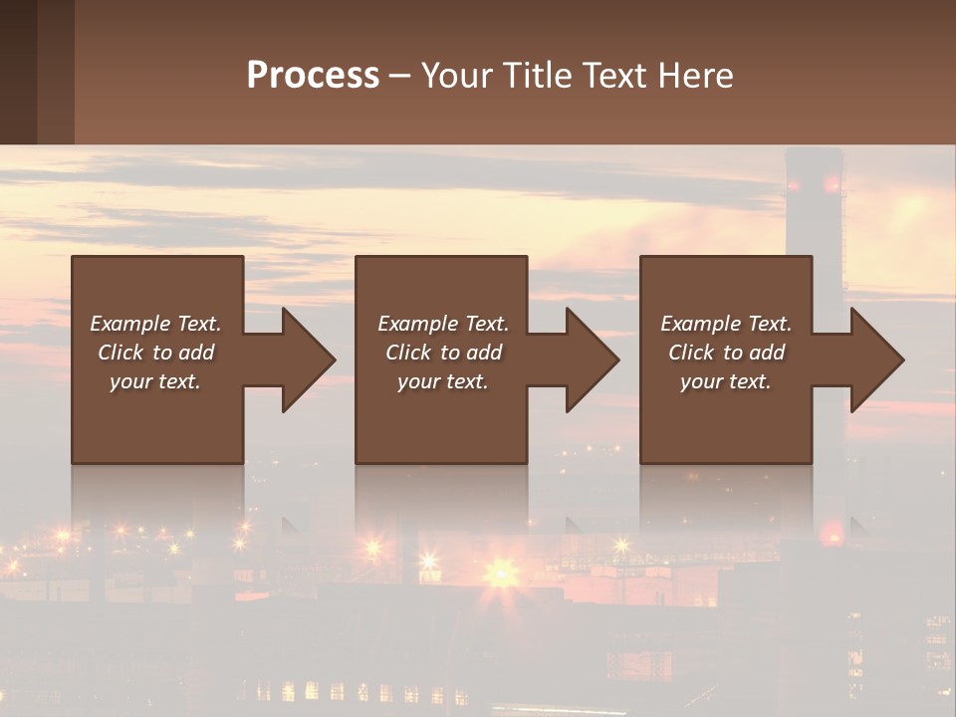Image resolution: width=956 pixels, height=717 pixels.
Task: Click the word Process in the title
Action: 313,76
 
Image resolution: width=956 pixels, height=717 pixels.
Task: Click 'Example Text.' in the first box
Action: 155,324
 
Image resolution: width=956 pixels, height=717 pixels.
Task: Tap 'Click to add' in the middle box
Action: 443,353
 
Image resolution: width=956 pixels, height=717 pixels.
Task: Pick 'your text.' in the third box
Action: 725,381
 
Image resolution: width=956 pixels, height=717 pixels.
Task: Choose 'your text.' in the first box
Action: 155,381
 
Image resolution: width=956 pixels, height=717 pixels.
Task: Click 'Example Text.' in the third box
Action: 726,324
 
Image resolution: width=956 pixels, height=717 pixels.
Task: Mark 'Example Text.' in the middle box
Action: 443,324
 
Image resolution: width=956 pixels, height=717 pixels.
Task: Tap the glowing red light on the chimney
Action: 832,184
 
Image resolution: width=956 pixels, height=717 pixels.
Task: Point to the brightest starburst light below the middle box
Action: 500,573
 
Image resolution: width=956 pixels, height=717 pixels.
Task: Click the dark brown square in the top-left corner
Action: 18,72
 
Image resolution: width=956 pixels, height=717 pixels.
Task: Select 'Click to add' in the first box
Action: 155,353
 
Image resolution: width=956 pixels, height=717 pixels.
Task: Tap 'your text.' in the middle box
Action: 443,381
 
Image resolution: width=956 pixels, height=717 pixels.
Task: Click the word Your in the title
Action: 457,76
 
